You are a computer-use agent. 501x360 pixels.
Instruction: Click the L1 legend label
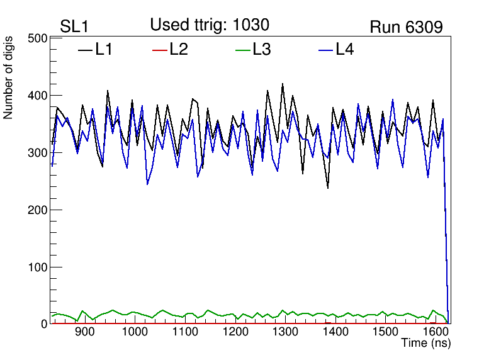pyautogui.click(x=104, y=49)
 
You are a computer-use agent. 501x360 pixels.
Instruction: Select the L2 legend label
pyautogui.click(x=178, y=49)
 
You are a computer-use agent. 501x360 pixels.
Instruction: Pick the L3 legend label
pyautogui.click(x=261, y=49)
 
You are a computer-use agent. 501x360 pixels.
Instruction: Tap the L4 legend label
pyautogui.click(x=344, y=49)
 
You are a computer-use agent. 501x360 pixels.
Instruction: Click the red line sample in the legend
pyautogui.click(x=160, y=50)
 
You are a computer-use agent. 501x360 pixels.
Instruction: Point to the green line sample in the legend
pyautogui.click(x=243, y=50)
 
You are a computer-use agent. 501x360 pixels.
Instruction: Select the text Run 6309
pyautogui.click(x=406, y=26)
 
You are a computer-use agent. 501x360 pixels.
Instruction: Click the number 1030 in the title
pyautogui.click(x=251, y=25)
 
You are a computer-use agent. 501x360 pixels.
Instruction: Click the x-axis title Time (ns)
pyautogui.click(x=426, y=344)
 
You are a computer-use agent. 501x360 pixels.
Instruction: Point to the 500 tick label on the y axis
pyautogui.click(x=39, y=38)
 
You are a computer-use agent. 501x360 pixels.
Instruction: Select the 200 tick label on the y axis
pyautogui.click(x=39, y=210)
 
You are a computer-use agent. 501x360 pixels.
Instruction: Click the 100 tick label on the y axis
pyautogui.click(x=39, y=267)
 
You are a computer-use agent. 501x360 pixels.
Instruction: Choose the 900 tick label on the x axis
pyautogui.click(x=84, y=332)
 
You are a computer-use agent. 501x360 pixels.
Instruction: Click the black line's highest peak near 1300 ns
pyautogui.click(x=283, y=84)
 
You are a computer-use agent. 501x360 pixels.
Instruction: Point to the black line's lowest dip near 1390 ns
pyautogui.click(x=328, y=188)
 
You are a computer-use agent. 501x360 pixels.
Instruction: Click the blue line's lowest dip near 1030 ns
pyautogui.click(x=147, y=184)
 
